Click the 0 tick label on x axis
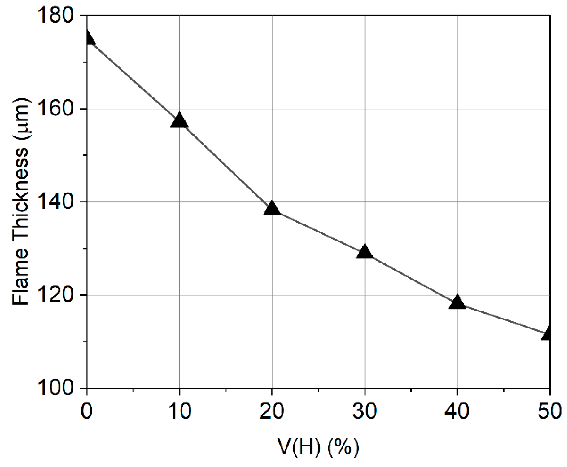87,411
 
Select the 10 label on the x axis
179,411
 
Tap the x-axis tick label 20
272,411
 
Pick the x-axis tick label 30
364,411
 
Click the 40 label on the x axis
457,411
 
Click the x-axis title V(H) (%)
318,447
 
